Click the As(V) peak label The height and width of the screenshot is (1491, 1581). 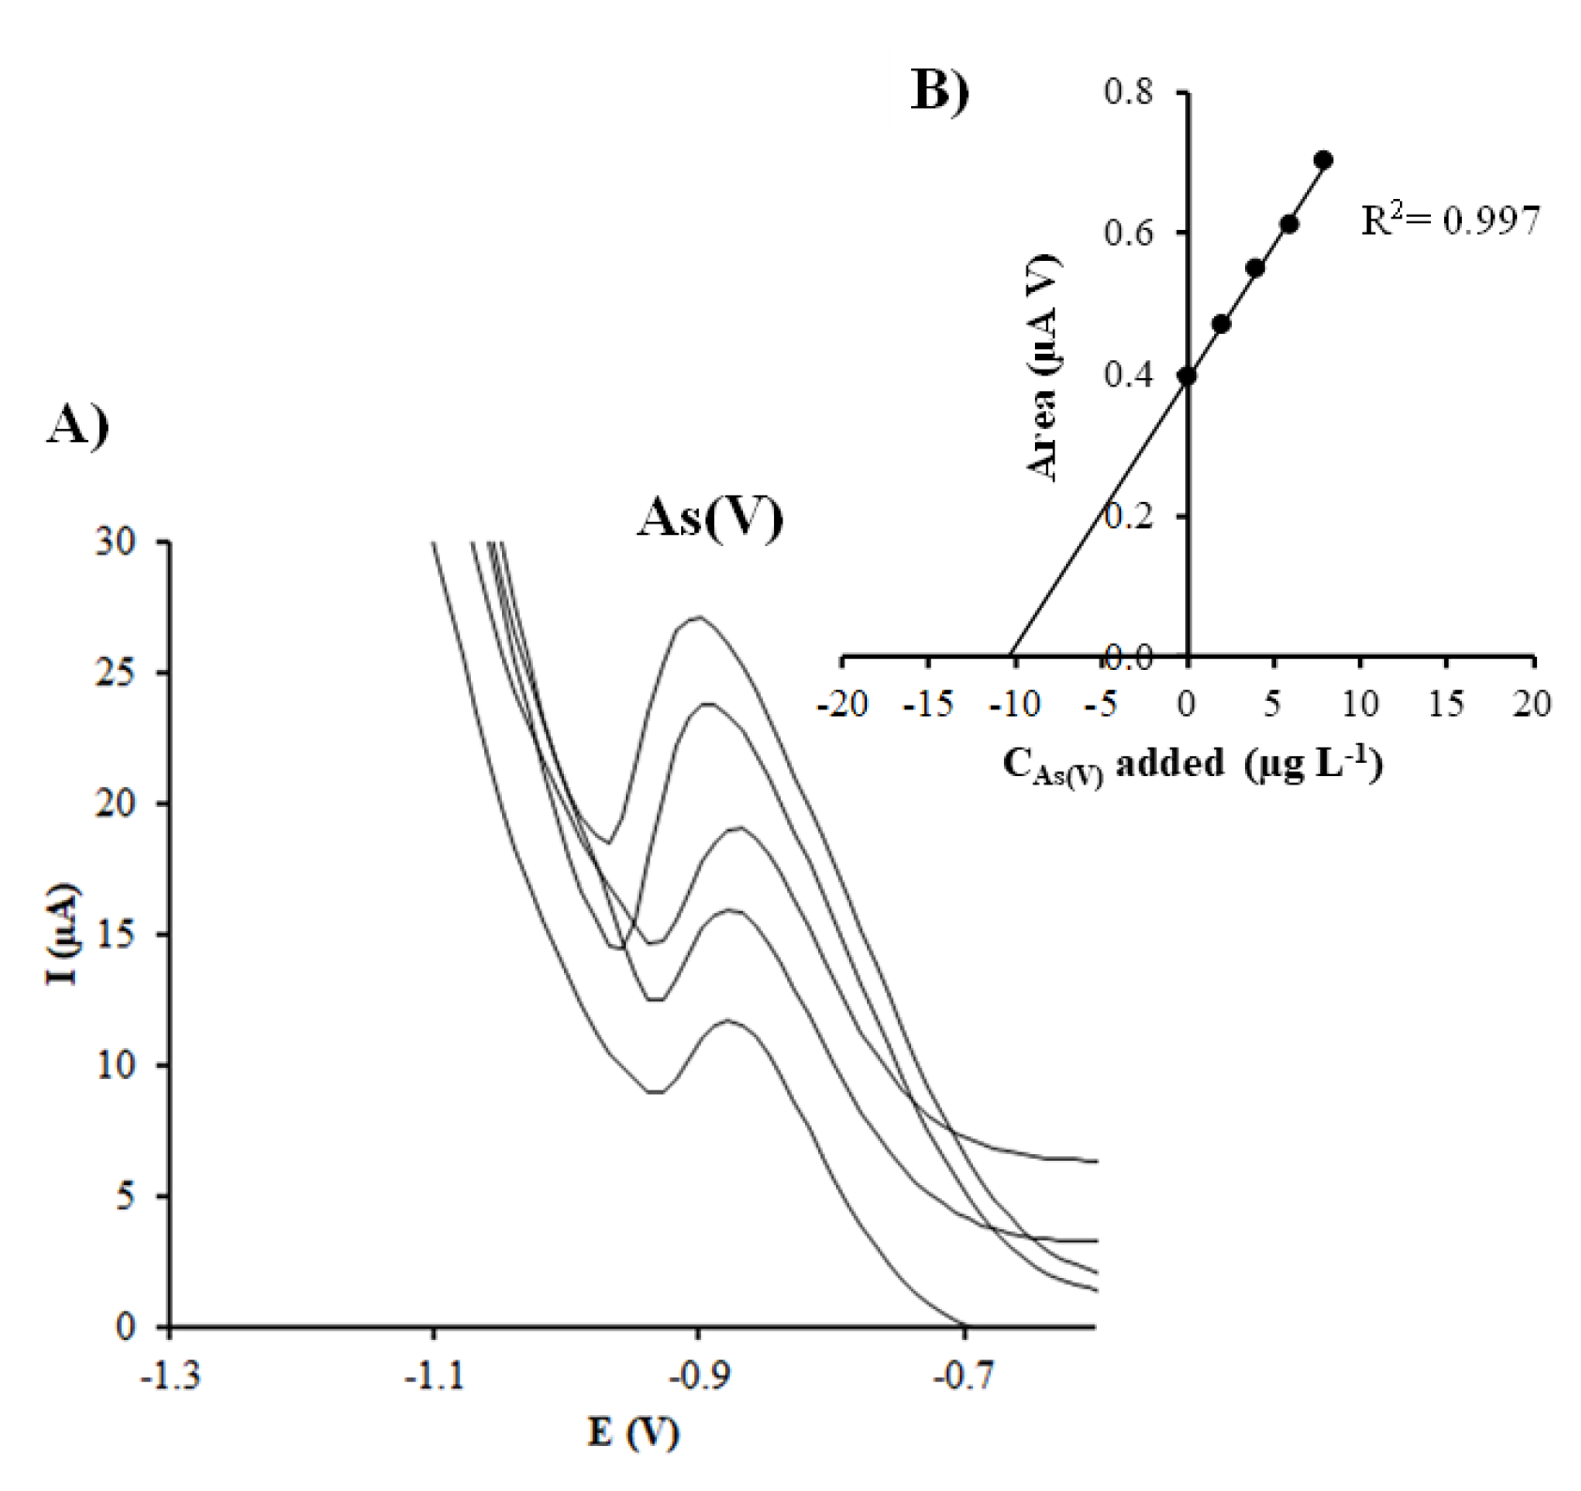pos(710,517)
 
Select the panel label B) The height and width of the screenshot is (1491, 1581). pos(940,92)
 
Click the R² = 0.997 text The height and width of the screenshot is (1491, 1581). pos(1450,221)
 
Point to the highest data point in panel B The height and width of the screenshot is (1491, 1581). pos(1323,160)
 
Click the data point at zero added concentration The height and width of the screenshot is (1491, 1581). pos(1187,376)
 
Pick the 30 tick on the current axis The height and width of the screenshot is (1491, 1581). pos(116,541)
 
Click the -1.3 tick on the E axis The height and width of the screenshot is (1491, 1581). pos(170,1378)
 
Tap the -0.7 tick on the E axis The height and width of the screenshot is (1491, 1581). pos(964,1378)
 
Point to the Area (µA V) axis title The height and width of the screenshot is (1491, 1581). pos(1042,368)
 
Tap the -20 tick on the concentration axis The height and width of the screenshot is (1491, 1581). pos(842,703)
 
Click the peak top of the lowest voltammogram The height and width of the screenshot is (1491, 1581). pos(727,1021)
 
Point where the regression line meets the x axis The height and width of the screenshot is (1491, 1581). pos(1010,655)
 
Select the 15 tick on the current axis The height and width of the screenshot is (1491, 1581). pos(116,935)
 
